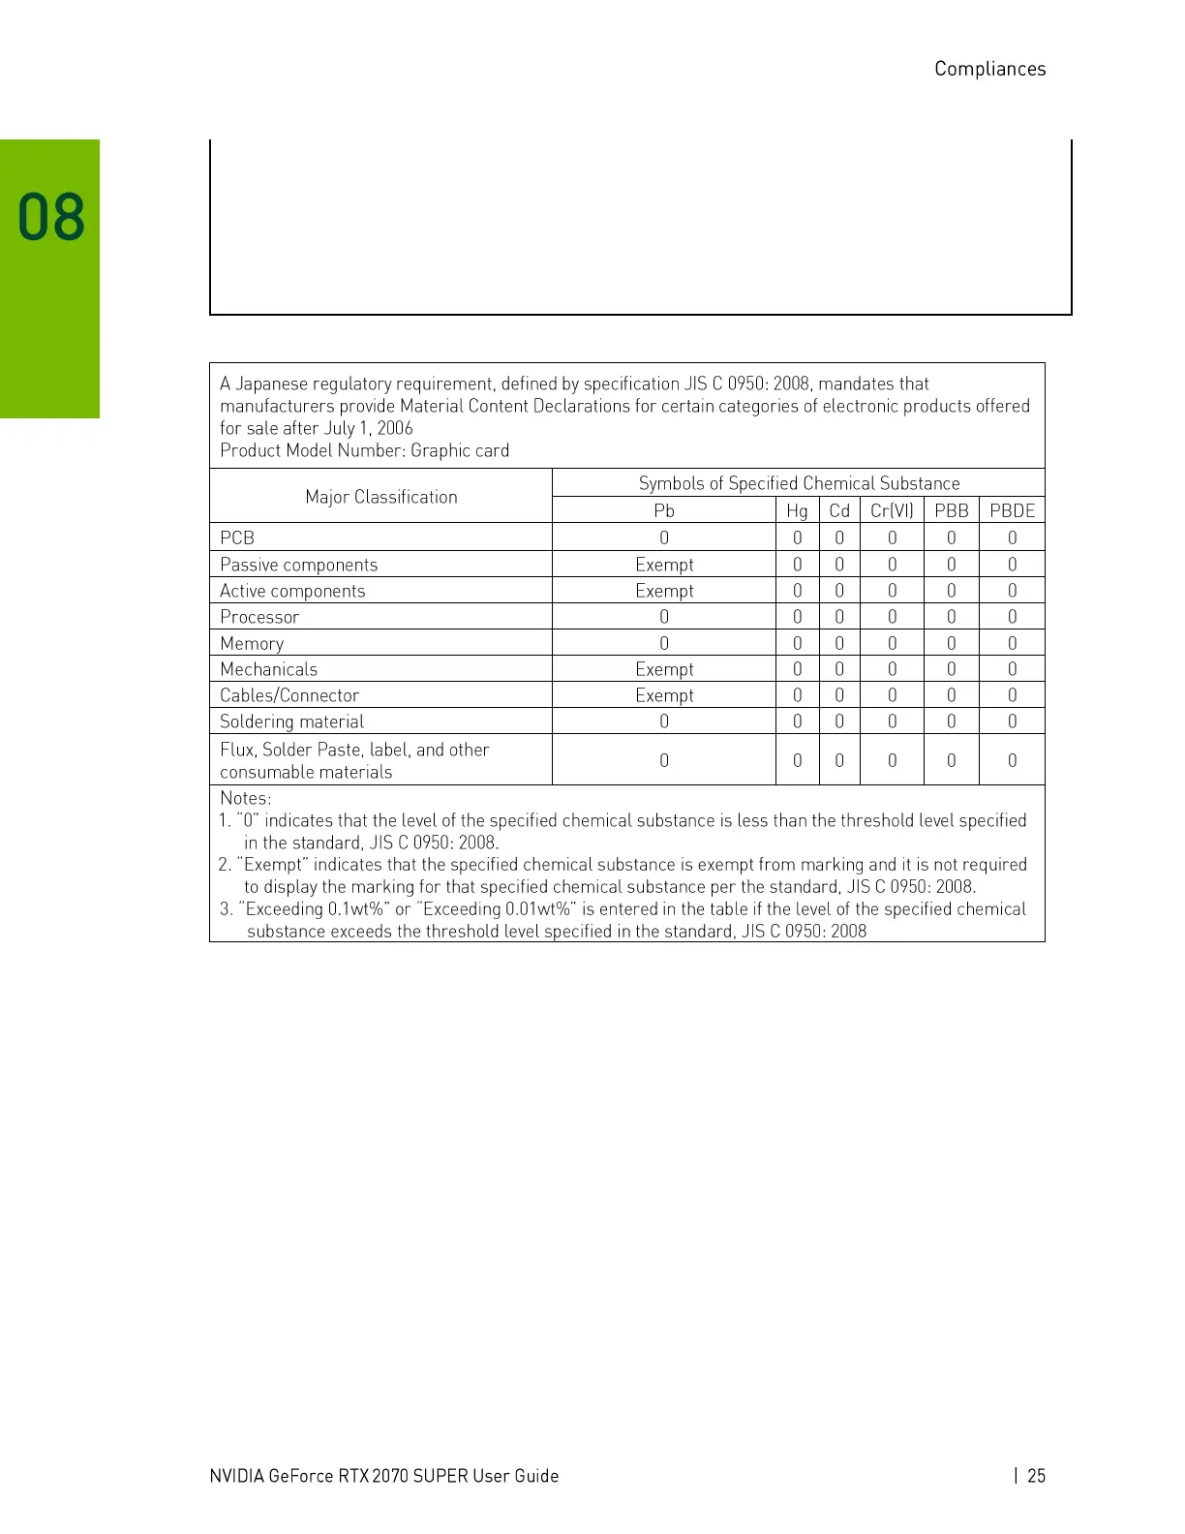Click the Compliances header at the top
(x=989, y=69)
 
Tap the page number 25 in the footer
(x=1036, y=1475)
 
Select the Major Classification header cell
(x=380, y=497)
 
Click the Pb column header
(x=663, y=510)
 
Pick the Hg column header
(x=797, y=510)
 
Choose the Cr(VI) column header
(x=891, y=510)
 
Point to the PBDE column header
(x=1012, y=510)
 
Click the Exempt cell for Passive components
(x=664, y=565)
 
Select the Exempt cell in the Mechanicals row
(x=664, y=669)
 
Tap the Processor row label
(x=259, y=617)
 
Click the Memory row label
(x=252, y=643)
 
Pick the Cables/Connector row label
(x=289, y=695)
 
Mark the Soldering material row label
(x=291, y=721)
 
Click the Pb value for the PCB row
(x=664, y=537)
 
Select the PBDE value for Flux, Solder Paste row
(x=1012, y=760)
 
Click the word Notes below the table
(x=245, y=798)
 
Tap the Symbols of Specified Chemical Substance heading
(x=799, y=483)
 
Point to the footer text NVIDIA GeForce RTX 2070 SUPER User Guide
(x=383, y=1475)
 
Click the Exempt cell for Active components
(x=664, y=591)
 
